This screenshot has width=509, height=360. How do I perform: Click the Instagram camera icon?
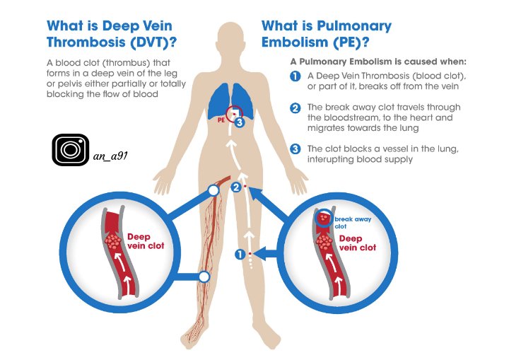point(70,149)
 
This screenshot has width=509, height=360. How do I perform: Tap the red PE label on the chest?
point(221,121)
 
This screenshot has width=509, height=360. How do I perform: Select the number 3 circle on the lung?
point(240,122)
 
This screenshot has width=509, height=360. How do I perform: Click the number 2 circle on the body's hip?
point(237,187)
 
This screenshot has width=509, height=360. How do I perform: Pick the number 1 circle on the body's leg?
point(240,253)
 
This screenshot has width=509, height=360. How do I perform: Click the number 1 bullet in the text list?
point(295,76)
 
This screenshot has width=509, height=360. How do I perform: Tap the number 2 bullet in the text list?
point(295,108)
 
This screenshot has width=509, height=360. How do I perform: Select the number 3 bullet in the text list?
point(295,149)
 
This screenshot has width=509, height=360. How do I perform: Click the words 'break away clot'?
point(352,223)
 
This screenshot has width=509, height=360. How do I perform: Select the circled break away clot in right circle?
point(324,219)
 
